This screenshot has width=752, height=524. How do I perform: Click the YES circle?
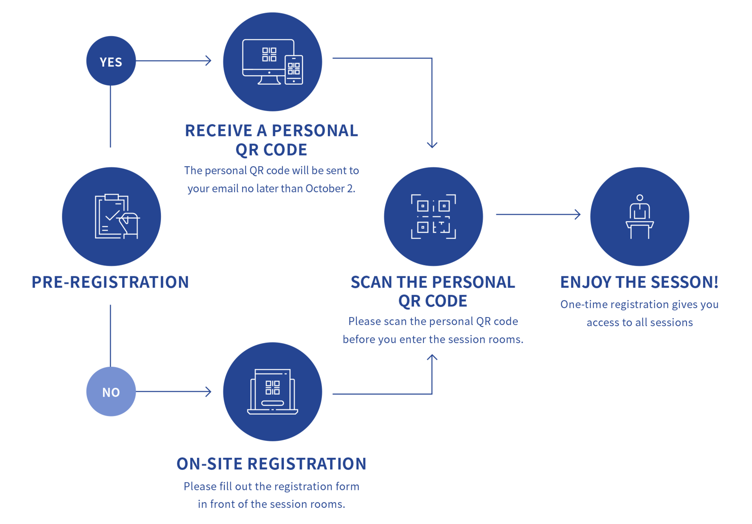tap(111, 61)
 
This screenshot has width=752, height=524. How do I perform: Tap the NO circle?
tap(111, 392)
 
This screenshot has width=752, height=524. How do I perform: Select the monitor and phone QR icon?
tap(273, 62)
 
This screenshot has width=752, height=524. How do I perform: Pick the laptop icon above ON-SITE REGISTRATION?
tap(273, 392)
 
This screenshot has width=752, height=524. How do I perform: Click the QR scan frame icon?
tap(433, 216)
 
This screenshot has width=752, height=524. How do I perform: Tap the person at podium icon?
tap(640, 216)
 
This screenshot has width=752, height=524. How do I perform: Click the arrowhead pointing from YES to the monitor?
tap(209, 61)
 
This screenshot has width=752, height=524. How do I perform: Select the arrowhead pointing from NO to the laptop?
tap(209, 392)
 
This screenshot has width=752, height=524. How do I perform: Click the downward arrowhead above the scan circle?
tap(432, 145)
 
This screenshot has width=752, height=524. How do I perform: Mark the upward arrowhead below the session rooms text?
tap(432, 357)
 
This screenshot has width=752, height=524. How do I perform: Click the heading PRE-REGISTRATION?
tap(110, 282)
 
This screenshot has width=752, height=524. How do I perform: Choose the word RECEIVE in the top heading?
tap(219, 131)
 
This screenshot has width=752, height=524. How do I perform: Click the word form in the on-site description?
tap(347, 486)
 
